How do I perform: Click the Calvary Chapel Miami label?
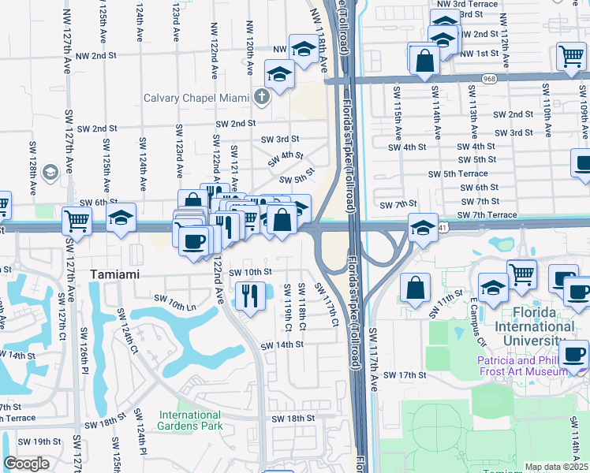tap(197, 99)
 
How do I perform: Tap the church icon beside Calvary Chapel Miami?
tap(263, 98)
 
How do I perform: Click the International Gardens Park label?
tap(190, 420)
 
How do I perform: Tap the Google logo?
tap(26, 464)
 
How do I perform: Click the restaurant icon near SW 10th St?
tap(250, 296)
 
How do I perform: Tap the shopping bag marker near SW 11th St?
tap(415, 289)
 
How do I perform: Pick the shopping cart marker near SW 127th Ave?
tap(77, 220)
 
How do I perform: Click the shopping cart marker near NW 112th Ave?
tap(570, 56)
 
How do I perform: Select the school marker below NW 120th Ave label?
tap(278, 76)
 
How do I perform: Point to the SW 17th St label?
tap(405, 374)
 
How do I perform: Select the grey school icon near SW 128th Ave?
tap(49, 172)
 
